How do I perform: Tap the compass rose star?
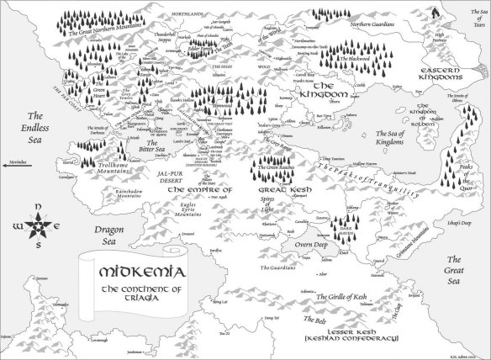(x=29, y=229)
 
